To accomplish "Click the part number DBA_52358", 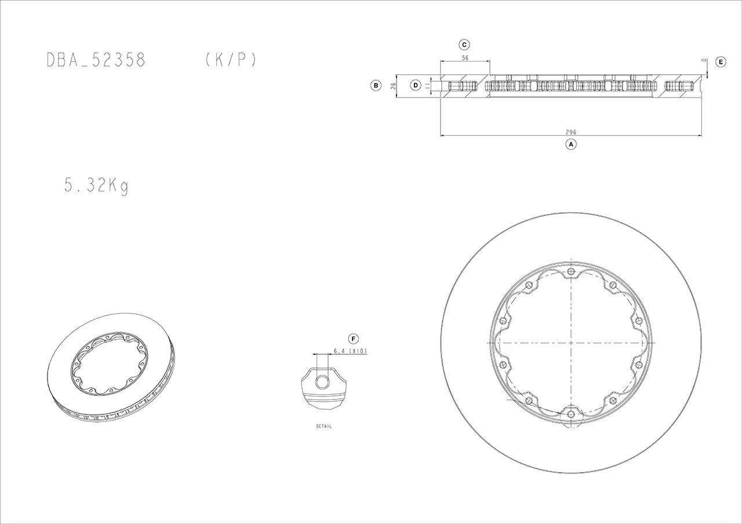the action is click(96, 60).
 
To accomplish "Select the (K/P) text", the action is click(231, 60).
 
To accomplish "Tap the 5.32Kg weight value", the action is click(96, 185).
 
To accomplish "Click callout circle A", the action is click(571, 144).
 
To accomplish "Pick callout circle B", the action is click(376, 85).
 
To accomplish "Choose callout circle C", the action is click(464, 45).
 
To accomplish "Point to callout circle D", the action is click(416, 85).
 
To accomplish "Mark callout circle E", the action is click(721, 62).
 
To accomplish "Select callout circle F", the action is click(354, 339).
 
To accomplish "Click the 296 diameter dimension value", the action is click(571, 132).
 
